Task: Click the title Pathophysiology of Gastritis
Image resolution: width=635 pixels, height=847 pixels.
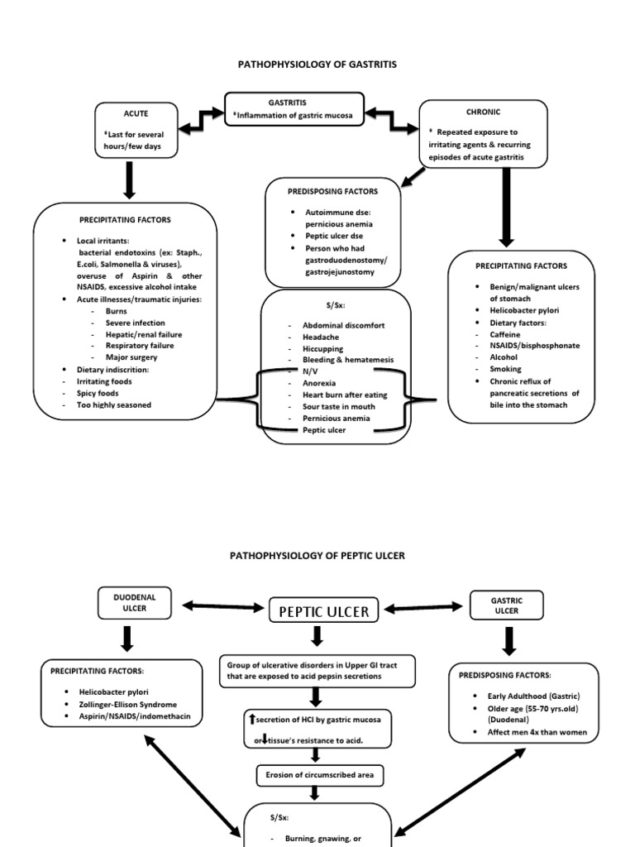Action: click(x=317, y=64)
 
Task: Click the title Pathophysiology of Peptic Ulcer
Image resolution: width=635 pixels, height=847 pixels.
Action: click(x=317, y=556)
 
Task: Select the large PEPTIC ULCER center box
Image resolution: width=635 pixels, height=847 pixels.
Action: click(x=324, y=611)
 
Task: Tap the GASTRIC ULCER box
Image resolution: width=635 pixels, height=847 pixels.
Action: click(x=506, y=605)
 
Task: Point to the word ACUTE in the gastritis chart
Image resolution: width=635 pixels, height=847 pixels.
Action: click(x=136, y=113)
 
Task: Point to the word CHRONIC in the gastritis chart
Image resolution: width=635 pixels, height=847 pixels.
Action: click(x=484, y=112)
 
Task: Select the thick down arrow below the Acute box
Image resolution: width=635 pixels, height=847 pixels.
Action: click(x=129, y=179)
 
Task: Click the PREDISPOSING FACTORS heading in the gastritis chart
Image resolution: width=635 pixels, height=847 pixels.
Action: click(x=332, y=191)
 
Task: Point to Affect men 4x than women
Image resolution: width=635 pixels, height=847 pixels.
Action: click(x=532, y=732)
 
